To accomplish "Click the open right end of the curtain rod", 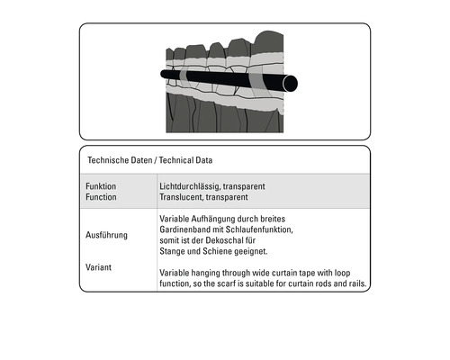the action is (x=290, y=82).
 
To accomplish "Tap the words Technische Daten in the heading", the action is (x=118, y=161).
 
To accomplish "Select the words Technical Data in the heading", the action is (x=184, y=161).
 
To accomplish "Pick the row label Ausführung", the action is (x=105, y=235).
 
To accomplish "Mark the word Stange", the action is (x=173, y=251).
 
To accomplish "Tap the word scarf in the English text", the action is (x=240, y=284).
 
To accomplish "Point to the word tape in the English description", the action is (x=306, y=273).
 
